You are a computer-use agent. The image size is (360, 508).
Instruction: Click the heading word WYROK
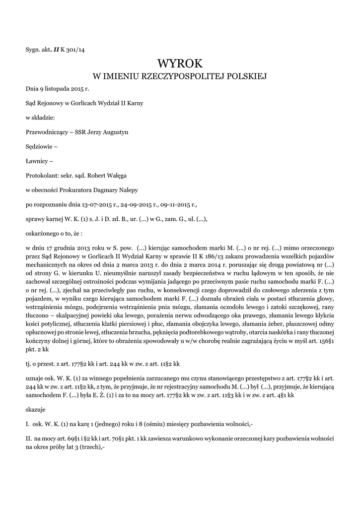(x=180, y=63)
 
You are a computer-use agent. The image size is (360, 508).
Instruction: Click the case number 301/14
(x=76, y=49)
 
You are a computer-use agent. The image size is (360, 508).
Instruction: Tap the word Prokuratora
(x=85, y=190)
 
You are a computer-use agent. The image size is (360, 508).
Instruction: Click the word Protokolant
(x=41, y=175)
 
